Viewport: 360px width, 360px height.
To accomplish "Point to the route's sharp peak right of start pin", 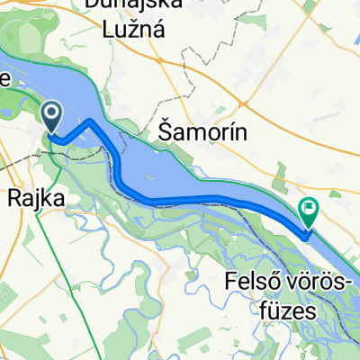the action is click(93, 120).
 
